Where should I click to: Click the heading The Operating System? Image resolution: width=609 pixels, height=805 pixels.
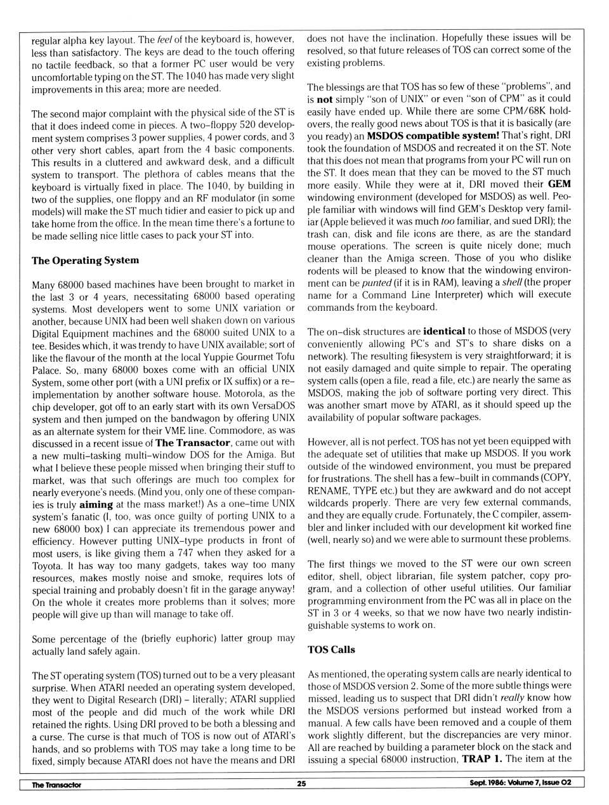[85, 260]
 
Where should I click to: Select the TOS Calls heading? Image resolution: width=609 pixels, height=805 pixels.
[331, 650]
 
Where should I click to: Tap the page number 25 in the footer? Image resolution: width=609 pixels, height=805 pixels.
[301, 783]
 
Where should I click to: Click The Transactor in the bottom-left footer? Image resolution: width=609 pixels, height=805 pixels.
[57, 784]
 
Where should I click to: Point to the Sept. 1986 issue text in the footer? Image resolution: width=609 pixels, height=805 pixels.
[516, 783]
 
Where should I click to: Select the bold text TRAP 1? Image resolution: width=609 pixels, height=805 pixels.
[481, 759]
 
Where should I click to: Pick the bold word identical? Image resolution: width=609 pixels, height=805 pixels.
[444, 331]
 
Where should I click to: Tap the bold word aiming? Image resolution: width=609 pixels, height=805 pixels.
[96, 504]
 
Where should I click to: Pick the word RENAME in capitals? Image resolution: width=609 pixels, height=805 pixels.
[327, 490]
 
